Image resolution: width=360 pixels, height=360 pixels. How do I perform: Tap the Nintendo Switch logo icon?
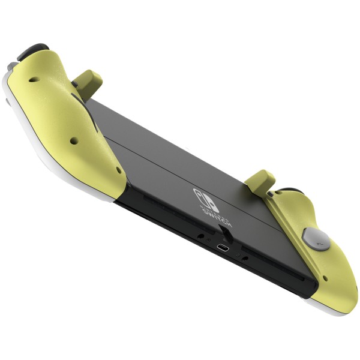coord(205,197)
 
